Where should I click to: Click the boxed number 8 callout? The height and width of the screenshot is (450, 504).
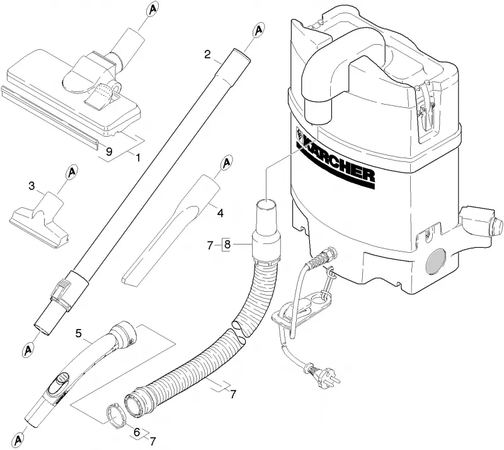pos(227,245)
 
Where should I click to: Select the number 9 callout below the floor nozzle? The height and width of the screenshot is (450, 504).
pos(109,151)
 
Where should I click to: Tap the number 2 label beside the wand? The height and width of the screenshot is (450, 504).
pos(208,54)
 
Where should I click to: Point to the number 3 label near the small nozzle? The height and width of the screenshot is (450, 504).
pos(31,186)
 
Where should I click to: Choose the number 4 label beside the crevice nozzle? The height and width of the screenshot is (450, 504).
pos(220,212)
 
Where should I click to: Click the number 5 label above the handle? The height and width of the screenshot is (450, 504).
pos(78,333)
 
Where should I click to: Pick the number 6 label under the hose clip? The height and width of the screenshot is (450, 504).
pos(137,432)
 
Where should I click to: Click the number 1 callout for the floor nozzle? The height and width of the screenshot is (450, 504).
pos(137,158)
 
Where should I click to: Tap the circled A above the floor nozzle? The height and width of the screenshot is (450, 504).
pos(152,9)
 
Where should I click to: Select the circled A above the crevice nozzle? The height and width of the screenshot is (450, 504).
pos(227,163)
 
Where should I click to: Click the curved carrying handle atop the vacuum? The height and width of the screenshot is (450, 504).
pos(342,64)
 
